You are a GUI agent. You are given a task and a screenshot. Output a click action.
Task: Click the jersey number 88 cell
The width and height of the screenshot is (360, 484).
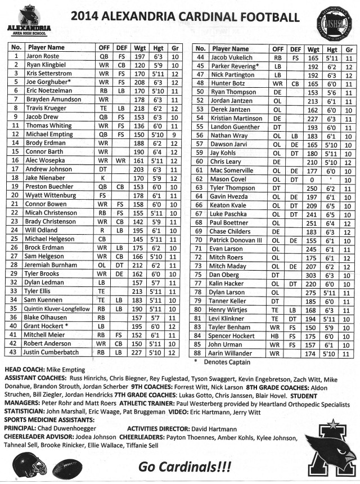click(x=200, y=352)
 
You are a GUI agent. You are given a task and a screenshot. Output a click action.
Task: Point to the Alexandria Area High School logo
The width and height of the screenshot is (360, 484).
click(x=29, y=19)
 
